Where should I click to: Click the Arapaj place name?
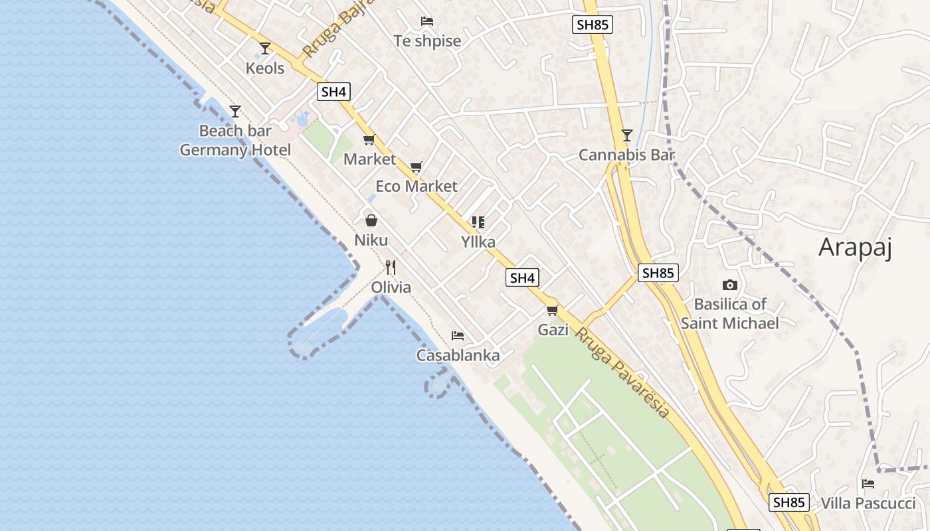[854, 247]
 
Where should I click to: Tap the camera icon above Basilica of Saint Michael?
[729, 285]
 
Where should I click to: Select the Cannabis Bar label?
[626, 155]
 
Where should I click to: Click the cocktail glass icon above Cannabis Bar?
[626, 135]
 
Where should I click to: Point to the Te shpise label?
[427, 41]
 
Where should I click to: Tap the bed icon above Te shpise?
[427, 22]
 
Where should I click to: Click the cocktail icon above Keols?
[265, 48]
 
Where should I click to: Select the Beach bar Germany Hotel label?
[235, 141]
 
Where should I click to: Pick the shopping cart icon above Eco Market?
[417, 167]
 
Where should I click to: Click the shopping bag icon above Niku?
[371, 220]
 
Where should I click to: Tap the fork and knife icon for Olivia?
[391, 267]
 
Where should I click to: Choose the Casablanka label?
[458, 356]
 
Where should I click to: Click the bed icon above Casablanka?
[458, 336]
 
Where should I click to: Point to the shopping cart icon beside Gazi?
[552, 310]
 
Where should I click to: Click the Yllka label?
[478, 242]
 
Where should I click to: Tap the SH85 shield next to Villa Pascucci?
[789, 502]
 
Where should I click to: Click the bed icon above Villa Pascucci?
[868, 483]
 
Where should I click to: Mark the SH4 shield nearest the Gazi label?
[522, 277]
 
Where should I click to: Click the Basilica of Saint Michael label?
[729, 314]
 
